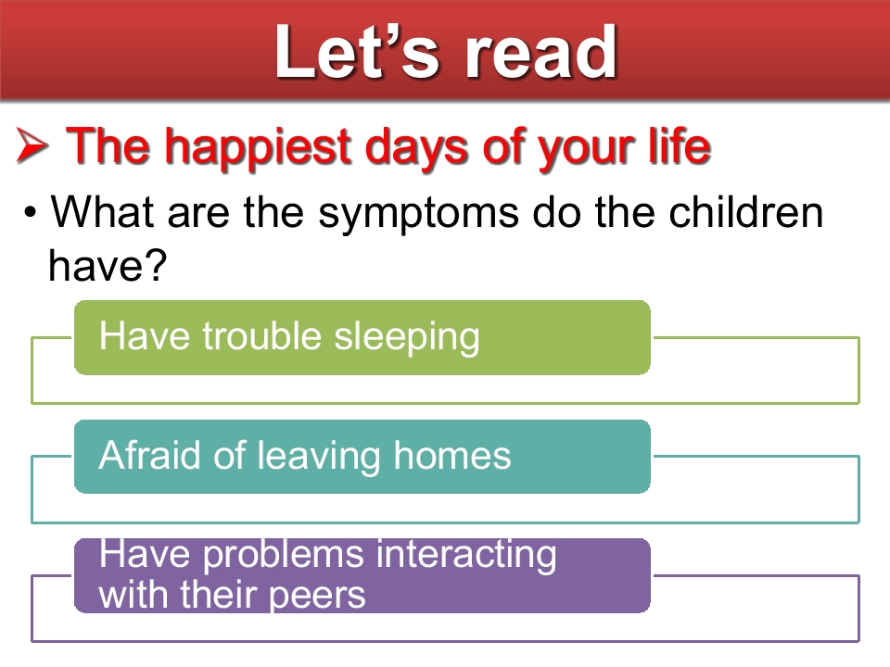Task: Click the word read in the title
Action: tap(541, 53)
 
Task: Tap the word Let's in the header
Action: tap(357, 52)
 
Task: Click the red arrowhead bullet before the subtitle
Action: tap(32, 145)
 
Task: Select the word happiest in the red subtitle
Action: tap(260, 148)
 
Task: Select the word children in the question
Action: tap(745, 212)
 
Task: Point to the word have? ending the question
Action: tap(108, 265)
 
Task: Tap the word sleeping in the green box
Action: tap(406, 338)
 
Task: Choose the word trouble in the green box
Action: tap(262, 335)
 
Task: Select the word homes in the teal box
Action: tap(452, 455)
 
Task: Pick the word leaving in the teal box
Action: tap(319, 457)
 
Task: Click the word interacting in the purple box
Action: tap(466, 555)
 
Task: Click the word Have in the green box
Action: tap(145, 335)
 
